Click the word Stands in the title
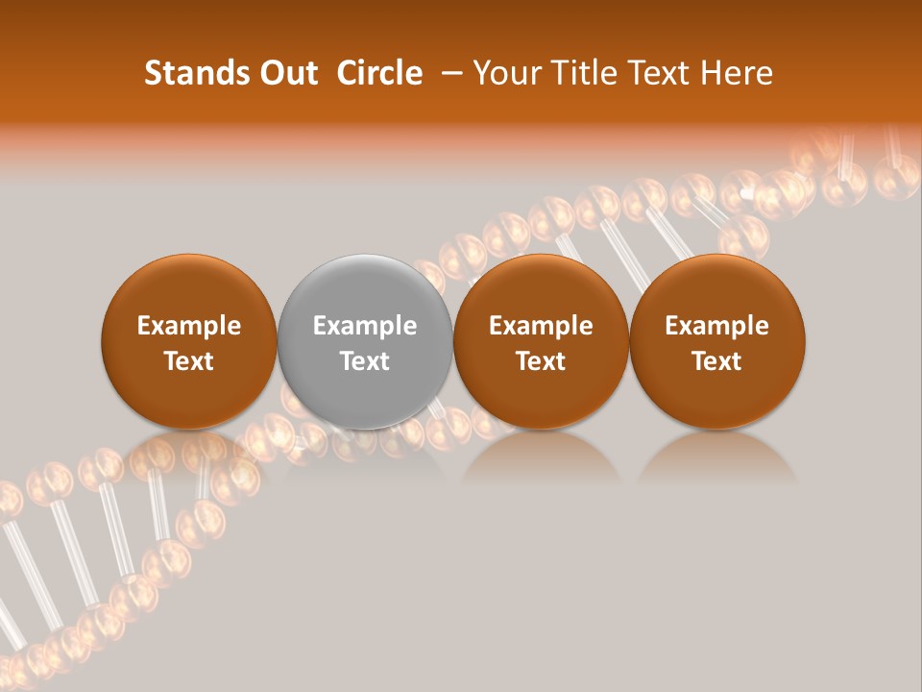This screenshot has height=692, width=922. point(191,73)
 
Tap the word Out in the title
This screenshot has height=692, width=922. point(286,73)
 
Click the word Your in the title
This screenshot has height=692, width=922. point(505,73)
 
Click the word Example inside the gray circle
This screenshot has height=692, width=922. point(365,326)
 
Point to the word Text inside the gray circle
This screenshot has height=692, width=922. point(365,361)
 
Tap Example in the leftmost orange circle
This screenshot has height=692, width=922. point(189,326)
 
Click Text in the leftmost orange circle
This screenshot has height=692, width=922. point(189,361)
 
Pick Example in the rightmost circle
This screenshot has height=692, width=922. point(717,326)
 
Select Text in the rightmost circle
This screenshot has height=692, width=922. point(717,361)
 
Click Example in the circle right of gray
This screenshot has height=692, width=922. point(541,326)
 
